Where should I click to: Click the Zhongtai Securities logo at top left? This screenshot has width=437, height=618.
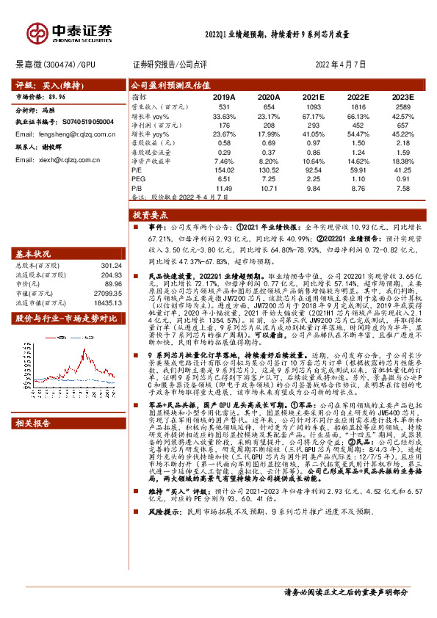coord(69,32)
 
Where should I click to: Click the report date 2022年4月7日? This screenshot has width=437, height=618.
coord(341,65)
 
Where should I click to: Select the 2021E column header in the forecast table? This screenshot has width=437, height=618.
coord(313,97)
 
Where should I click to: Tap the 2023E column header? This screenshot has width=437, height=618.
coord(402,97)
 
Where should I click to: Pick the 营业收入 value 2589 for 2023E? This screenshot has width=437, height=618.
coord(402,108)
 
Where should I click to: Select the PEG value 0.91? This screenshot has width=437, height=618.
coord(402,178)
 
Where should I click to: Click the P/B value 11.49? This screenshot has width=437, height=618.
coord(223,188)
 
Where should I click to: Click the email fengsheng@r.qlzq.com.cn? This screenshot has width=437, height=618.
coord(53,134)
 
